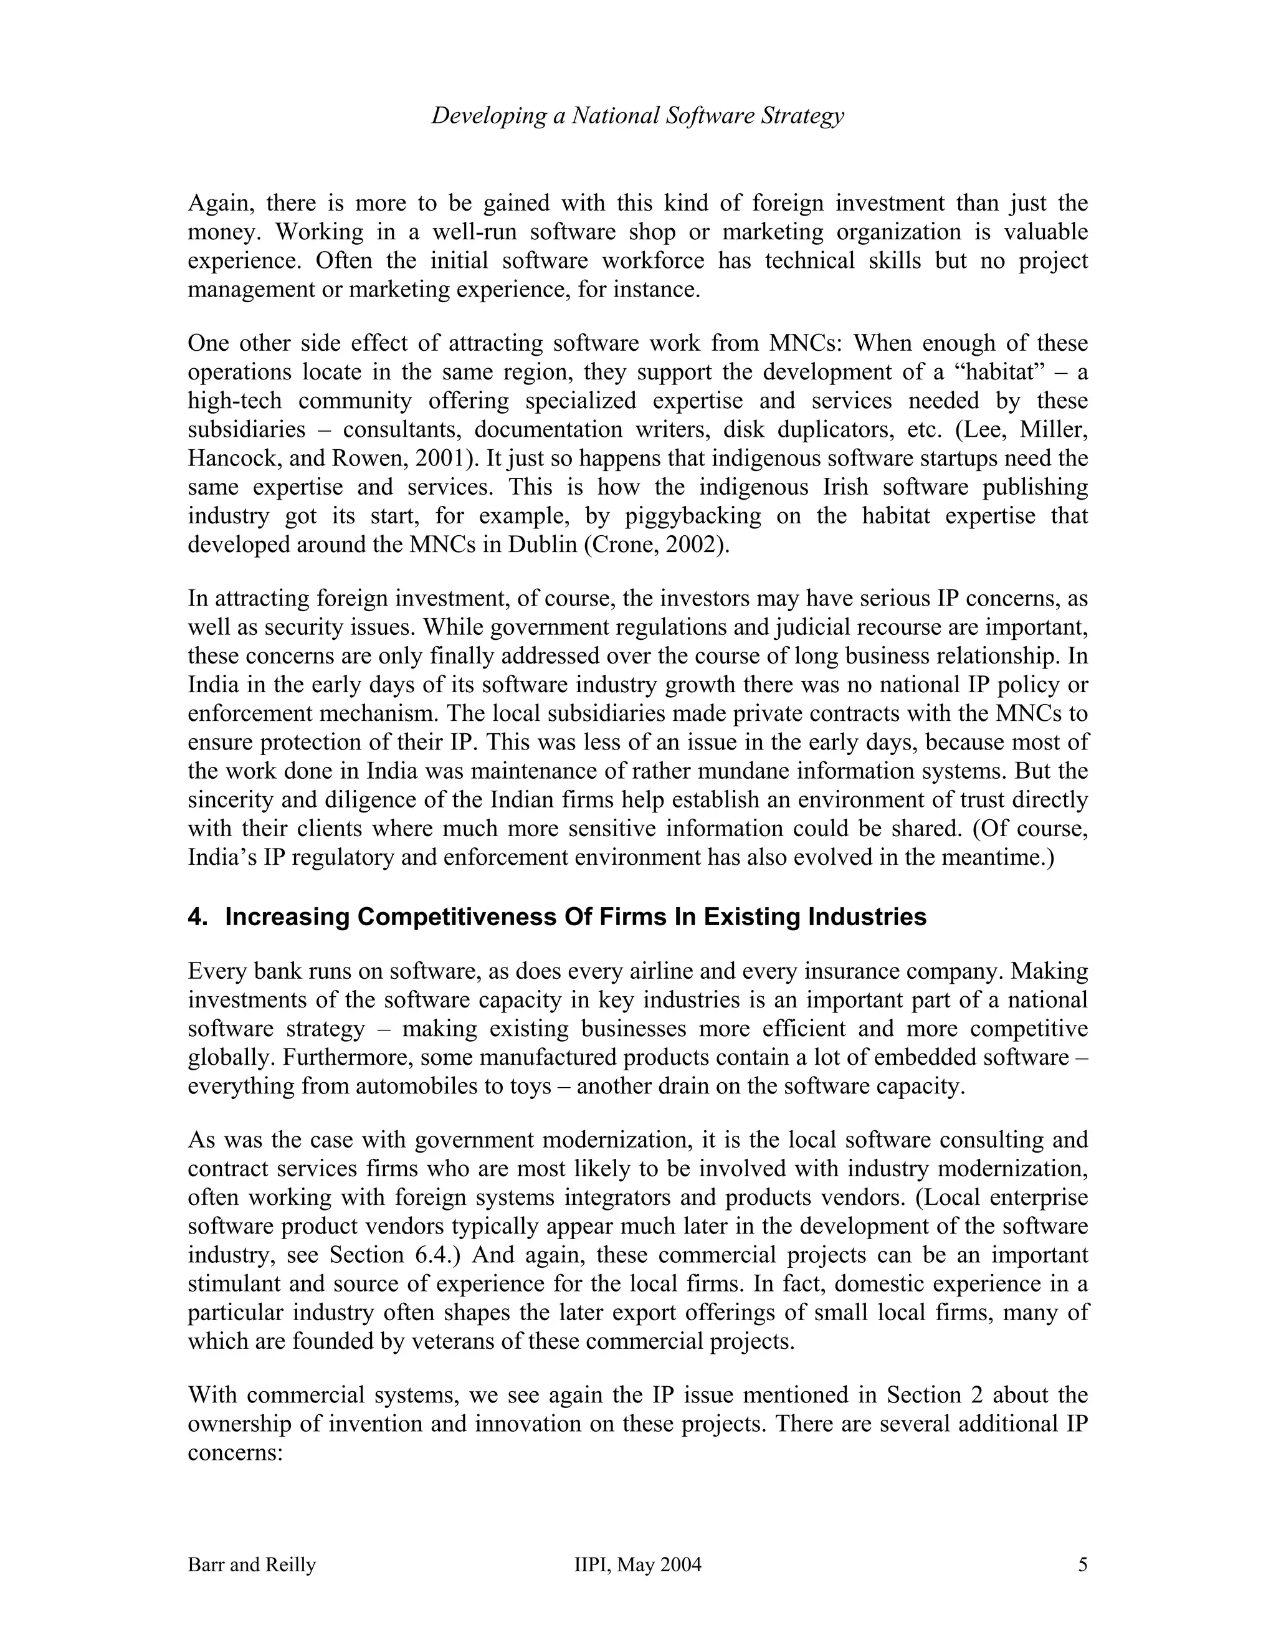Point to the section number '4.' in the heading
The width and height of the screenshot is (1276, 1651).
(198, 917)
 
